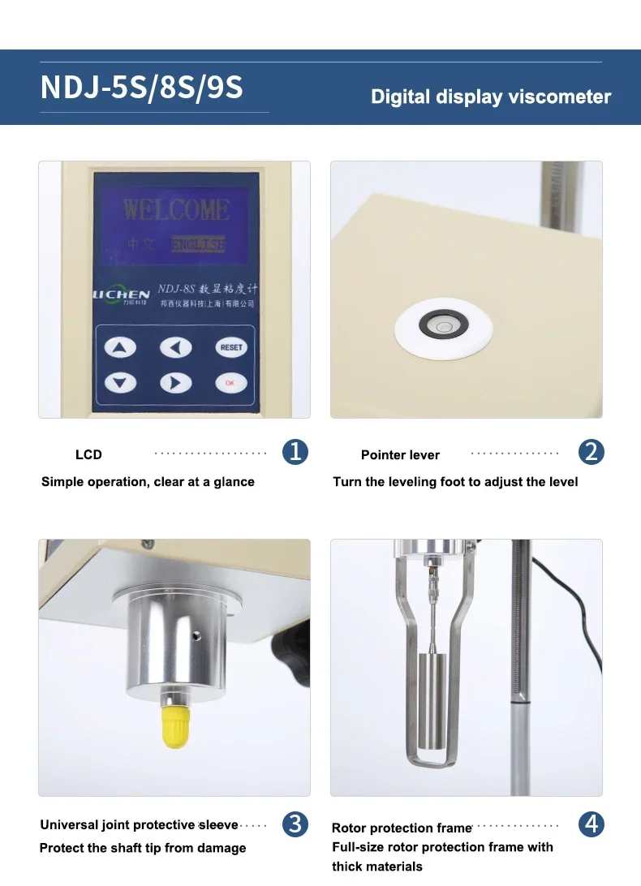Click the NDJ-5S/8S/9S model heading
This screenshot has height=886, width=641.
coord(142,88)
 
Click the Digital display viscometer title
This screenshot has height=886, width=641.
coord(490,97)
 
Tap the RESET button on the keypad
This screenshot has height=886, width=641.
coord(230,347)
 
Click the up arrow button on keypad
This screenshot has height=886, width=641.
coord(121,348)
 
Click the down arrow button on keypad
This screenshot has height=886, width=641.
coord(121,382)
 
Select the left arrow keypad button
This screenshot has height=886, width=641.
coord(175,348)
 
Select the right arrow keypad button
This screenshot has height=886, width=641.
coord(175,382)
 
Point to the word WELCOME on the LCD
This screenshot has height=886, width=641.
coord(176,209)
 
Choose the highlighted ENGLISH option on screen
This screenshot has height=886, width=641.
coord(198,243)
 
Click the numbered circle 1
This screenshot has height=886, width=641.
coord(295,452)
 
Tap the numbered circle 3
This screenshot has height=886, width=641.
coord(295,824)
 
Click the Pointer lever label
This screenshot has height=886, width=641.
coord(400,455)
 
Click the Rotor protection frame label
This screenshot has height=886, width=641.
coord(401,828)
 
